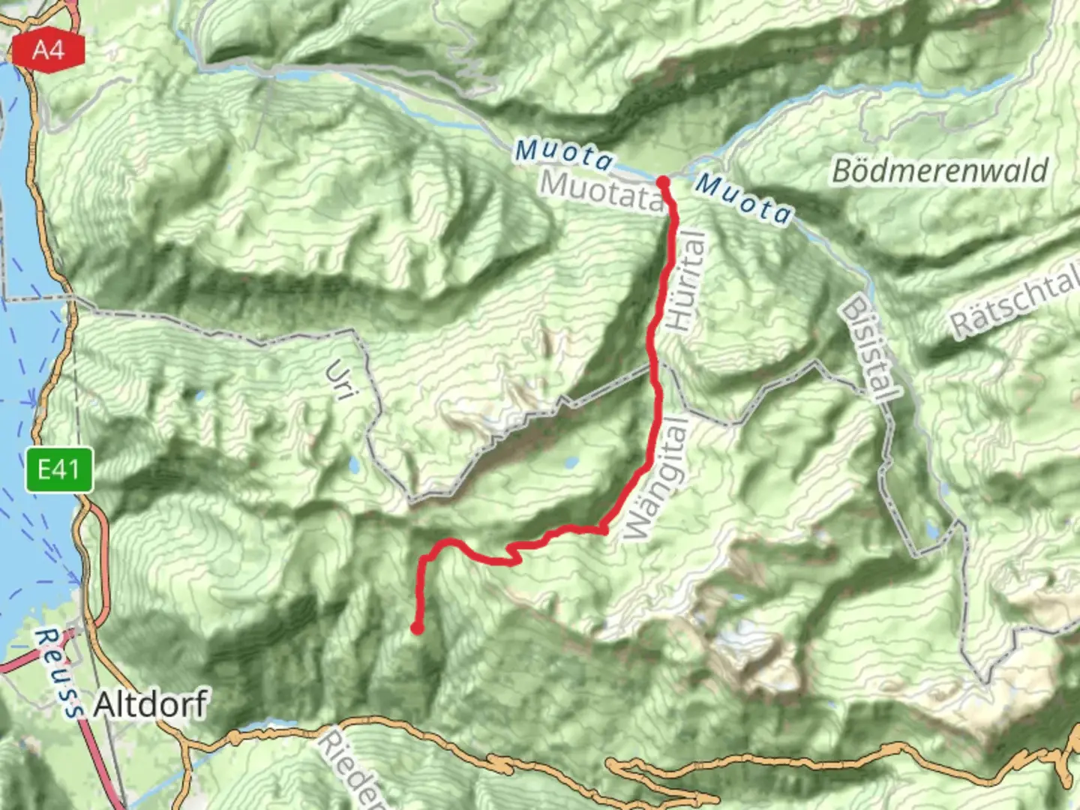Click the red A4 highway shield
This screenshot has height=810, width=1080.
(x=49, y=51)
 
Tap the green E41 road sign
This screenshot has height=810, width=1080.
(x=58, y=470)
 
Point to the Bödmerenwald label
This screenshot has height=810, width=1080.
(x=940, y=171)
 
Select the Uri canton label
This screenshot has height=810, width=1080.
(x=339, y=380)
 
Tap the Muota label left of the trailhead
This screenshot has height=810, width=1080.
(x=563, y=154)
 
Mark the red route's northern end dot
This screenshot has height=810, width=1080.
(x=663, y=181)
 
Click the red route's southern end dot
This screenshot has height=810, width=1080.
(x=417, y=628)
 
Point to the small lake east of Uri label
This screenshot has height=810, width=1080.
(x=352, y=466)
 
